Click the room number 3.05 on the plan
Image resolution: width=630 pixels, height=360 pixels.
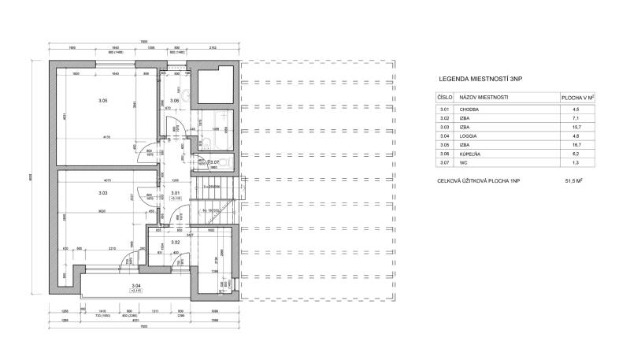click(102, 101)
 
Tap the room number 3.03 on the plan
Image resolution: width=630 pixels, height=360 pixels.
click(102, 193)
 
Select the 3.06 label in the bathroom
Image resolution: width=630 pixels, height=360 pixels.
click(174, 101)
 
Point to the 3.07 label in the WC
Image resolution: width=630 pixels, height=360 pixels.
click(213, 161)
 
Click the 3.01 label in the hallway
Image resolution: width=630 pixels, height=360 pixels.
click(175, 193)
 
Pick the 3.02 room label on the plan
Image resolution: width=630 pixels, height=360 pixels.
click(176, 242)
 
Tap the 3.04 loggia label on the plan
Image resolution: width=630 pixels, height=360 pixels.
click(135, 285)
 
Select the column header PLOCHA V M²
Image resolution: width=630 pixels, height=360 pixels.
click(576, 98)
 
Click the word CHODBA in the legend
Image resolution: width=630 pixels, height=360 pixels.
click(470, 109)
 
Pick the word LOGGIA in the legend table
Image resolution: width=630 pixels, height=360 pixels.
click(470, 135)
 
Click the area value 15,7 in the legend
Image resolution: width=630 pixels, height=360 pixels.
click(576, 126)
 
